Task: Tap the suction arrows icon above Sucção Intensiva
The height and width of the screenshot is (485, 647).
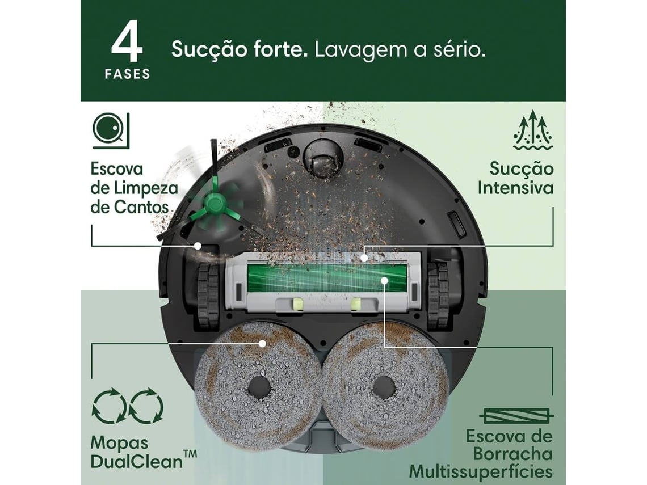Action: click(532, 131)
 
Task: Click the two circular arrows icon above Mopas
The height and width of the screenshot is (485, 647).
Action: click(128, 406)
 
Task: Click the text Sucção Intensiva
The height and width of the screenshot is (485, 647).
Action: click(515, 178)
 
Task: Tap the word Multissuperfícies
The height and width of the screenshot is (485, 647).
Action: click(481, 471)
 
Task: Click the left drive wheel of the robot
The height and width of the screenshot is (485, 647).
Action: click(208, 296)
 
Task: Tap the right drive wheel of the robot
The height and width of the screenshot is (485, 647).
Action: click(438, 296)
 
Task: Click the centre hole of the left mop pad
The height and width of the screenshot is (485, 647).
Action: click(259, 387)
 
